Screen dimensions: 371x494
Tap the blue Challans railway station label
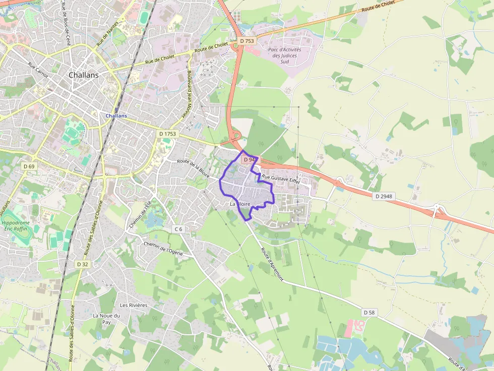click(x=116, y=115)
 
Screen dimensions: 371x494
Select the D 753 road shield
click(x=248, y=40)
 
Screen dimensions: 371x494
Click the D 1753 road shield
click(x=167, y=133)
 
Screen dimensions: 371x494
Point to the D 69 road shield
click(x=29, y=166)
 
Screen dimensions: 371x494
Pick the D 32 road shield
click(x=83, y=264)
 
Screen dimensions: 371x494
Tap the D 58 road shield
click(x=369, y=313)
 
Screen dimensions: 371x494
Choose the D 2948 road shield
click(x=383, y=196)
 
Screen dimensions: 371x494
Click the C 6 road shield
click(x=178, y=229)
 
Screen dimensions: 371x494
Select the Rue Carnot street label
click(x=38, y=70)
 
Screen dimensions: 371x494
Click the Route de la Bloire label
click(x=193, y=167)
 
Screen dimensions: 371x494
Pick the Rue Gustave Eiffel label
click(x=281, y=178)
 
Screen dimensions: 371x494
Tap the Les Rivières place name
click(x=134, y=305)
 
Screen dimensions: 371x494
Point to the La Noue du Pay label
click(x=106, y=319)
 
